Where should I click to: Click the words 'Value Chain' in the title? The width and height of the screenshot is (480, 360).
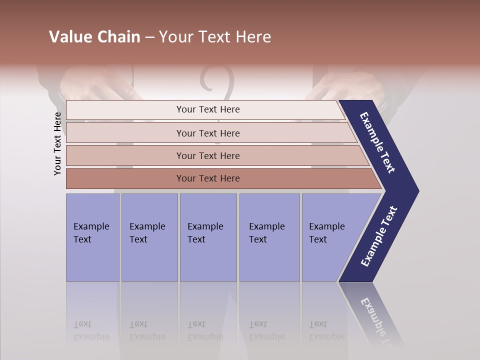click(x=94, y=37)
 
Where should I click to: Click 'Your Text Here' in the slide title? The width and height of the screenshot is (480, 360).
click(x=215, y=37)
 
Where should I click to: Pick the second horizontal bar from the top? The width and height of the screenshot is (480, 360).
click(x=208, y=133)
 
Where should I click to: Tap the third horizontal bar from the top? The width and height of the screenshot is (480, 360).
click(x=208, y=155)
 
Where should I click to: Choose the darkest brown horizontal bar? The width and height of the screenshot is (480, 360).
click(x=208, y=178)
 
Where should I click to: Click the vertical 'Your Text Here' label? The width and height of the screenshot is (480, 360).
click(x=58, y=143)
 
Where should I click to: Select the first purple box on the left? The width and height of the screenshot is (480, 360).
click(x=92, y=237)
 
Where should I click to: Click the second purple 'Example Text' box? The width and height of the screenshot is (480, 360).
click(x=149, y=237)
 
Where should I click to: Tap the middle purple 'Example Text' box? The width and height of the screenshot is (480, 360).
click(x=208, y=237)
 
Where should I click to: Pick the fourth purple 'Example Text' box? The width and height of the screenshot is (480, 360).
click(x=269, y=237)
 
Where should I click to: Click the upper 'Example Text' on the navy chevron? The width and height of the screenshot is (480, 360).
click(x=377, y=142)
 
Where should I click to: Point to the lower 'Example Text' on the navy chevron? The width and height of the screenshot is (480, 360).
click(x=378, y=236)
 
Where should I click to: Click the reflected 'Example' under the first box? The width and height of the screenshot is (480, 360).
click(x=91, y=336)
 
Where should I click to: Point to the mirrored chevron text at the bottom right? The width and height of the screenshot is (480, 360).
click(x=377, y=320)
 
